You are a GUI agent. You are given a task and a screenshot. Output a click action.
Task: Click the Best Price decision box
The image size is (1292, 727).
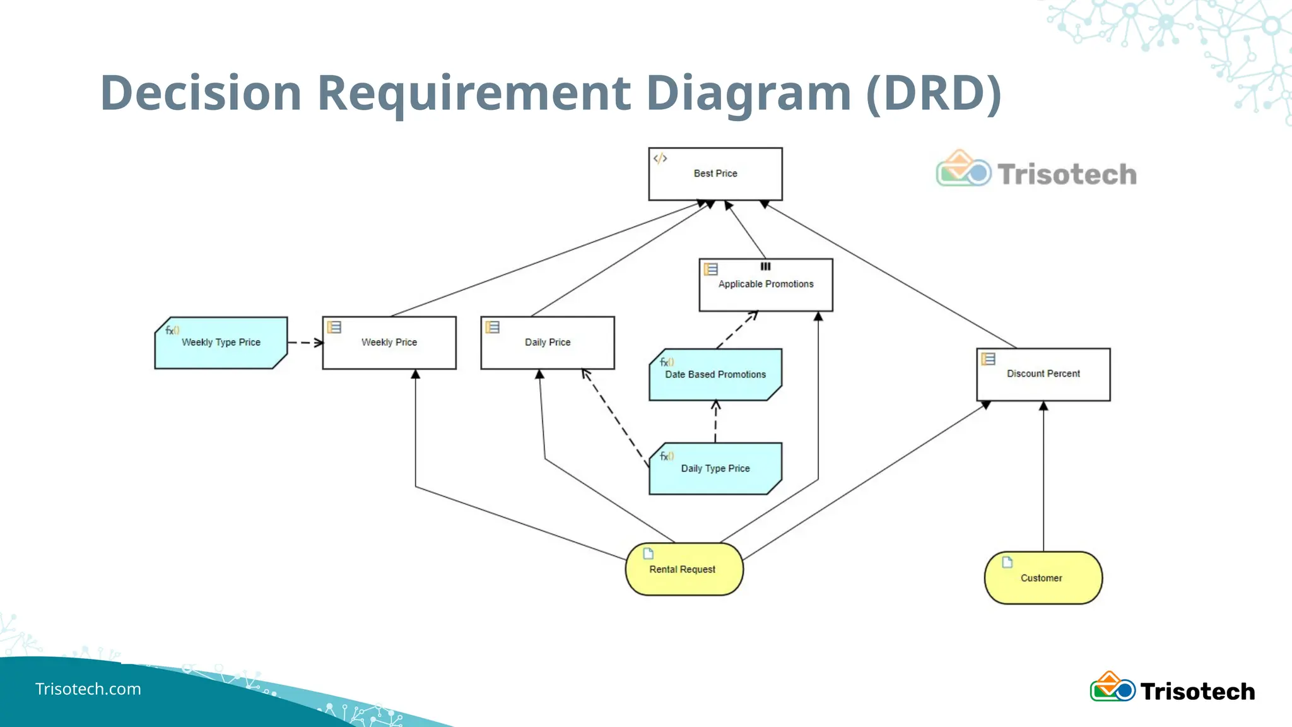click(x=715, y=174)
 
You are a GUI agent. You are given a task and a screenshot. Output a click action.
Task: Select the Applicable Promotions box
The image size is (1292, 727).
click(x=765, y=285)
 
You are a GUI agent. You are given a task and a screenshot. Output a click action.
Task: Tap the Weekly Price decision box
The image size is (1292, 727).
click(x=389, y=343)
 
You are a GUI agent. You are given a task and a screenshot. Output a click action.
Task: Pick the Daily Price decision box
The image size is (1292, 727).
click(x=547, y=343)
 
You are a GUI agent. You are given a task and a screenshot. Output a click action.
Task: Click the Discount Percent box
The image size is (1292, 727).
click(x=1043, y=374)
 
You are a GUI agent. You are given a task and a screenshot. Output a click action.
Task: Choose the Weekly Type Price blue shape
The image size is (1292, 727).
click(x=221, y=343)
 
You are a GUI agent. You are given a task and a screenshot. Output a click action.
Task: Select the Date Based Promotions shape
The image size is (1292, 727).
click(x=715, y=375)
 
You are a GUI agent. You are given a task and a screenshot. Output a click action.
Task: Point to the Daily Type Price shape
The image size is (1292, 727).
click(x=715, y=469)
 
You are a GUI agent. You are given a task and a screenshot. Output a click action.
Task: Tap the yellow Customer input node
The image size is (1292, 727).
click(x=1043, y=578)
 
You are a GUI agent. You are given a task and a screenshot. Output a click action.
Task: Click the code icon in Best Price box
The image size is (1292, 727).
click(x=660, y=158)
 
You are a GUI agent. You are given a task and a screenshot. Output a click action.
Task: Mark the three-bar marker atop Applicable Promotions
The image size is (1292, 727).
click(x=765, y=266)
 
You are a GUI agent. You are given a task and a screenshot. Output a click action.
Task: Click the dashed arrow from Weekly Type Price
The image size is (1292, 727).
click(x=305, y=343)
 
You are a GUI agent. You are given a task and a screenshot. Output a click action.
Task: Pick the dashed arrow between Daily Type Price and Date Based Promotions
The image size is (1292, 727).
click(x=715, y=422)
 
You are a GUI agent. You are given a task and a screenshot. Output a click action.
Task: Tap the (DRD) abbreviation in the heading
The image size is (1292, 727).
click(x=934, y=93)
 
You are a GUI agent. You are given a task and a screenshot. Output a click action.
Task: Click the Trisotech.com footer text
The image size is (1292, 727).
click(x=88, y=689)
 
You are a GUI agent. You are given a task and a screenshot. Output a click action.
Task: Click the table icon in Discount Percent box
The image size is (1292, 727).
click(x=988, y=359)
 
